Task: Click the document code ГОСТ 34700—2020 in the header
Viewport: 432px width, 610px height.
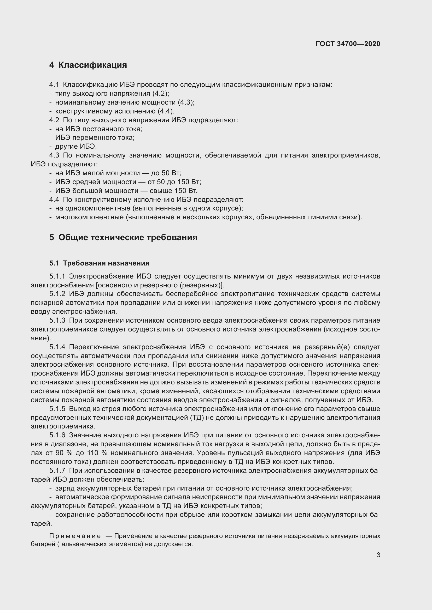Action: pyautogui.click(x=348, y=44)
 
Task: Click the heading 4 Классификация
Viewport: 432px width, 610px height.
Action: pyautogui.click(x=88, y=65)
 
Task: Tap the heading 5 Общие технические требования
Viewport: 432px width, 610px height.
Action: pyautogui.click(x=123, y=237)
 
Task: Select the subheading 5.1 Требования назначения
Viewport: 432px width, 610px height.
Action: pyautogui.click(x=99, y=263)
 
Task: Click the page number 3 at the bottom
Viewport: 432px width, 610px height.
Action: pyautogui.click(x=378, y=555)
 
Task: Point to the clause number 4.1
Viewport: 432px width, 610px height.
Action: pyautogui.click(x=54, y=85)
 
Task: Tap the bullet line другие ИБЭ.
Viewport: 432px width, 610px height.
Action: pyautogui.click(x=76, y=146)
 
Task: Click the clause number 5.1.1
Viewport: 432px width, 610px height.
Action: pyautogui.click(x=57, y=276)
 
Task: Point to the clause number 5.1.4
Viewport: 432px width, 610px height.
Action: pyautogui.click(x=57, y=347)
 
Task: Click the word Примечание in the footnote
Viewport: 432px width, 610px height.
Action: pyautogui.click(x=75, y=536)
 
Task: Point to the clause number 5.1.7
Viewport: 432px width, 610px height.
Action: pyautogui.click(x=57, y=470)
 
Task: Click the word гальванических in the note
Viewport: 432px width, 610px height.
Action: pyautogui.click(x=83, y=544)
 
